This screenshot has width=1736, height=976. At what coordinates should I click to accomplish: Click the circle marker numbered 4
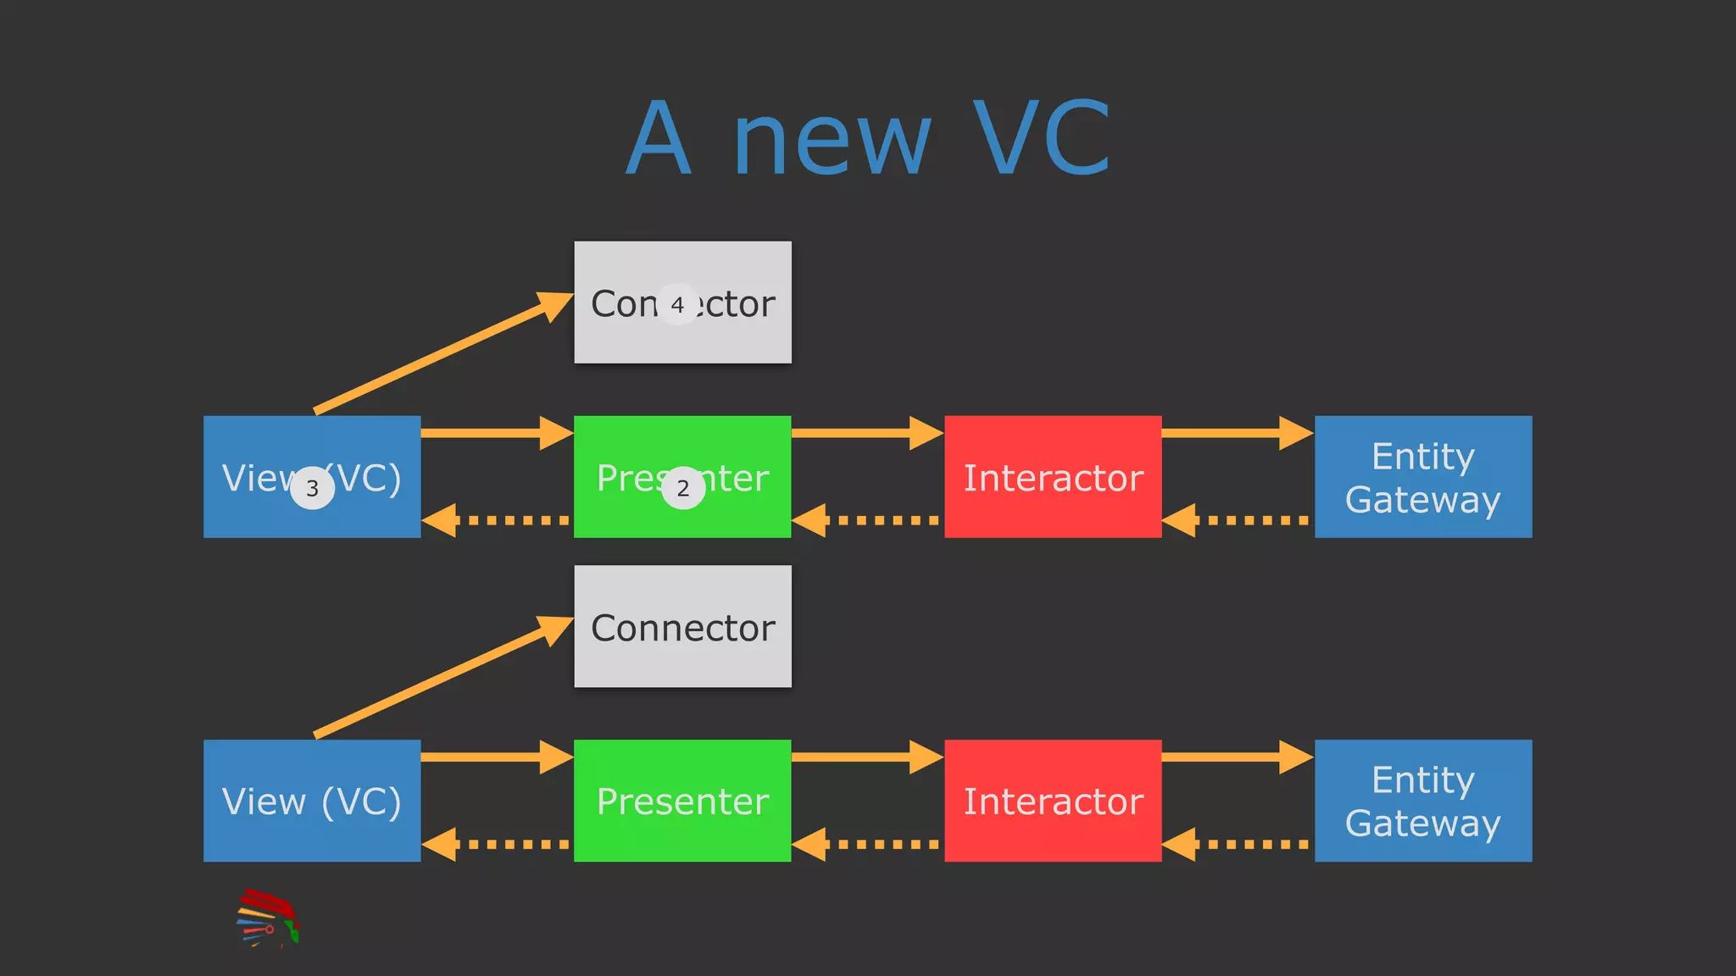point(677,304)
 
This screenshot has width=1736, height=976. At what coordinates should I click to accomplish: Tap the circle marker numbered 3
point(312,488)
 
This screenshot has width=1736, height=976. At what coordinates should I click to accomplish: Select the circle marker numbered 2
point(683,488)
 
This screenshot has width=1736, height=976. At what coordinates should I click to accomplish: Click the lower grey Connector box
point(682,626)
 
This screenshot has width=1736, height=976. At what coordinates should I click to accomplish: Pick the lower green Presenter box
point(682,801)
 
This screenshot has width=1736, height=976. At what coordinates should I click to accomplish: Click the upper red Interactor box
point(1053,477)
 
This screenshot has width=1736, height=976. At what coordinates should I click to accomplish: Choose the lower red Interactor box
point(1053,801)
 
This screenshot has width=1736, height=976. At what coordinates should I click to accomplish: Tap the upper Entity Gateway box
point(1423,477)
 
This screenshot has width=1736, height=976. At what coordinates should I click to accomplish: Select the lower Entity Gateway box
point(1423,801)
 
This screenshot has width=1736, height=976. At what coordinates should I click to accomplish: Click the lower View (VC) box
point(312,801)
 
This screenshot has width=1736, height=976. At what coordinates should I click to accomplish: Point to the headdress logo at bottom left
point(268,918)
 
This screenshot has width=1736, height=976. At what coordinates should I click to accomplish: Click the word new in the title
point(832,140)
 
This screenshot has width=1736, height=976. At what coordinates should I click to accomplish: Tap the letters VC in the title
point(1042,138)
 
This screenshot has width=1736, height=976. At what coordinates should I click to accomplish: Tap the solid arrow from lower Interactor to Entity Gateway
point(1237,757)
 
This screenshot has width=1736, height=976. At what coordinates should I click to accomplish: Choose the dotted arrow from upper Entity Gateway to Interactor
point(1237,520)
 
